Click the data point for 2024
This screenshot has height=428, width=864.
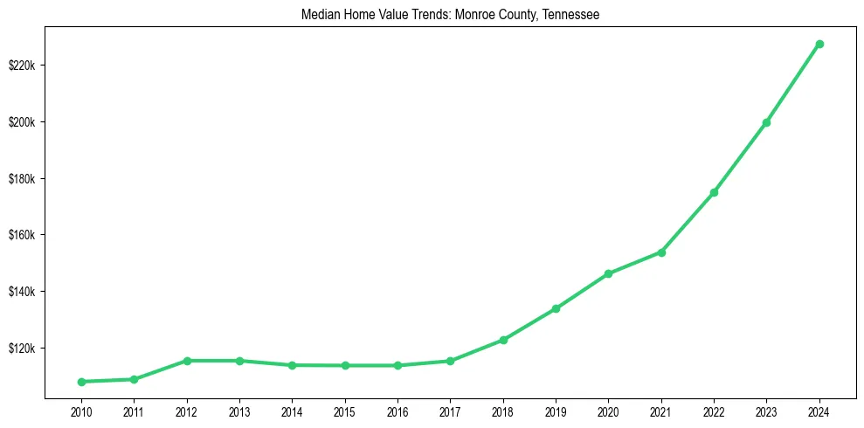pos(819,44)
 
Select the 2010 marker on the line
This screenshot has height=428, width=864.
pos(81,382)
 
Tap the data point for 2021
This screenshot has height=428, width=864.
pos(661,252)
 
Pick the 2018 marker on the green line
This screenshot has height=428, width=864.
pos(503,340)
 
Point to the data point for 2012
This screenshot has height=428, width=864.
pos(186,361)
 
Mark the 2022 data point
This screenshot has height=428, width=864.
pos(714,192)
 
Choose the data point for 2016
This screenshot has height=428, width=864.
pos(397,365)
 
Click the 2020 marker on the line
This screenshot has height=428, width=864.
pos(608,274)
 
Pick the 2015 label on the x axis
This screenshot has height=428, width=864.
pos(345,411)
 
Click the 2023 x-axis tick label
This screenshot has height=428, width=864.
pos(766,411)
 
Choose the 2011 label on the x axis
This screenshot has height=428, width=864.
pos(134,411)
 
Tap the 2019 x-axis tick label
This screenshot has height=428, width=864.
pos(556,411)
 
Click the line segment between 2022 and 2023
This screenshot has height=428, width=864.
pos(740,157)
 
